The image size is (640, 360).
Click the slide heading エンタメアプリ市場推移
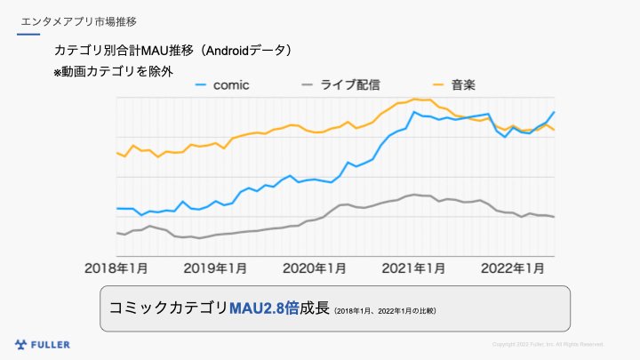coord(78,20)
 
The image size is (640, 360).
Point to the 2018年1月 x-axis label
coord(116,268)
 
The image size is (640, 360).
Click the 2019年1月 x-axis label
coord(216,268)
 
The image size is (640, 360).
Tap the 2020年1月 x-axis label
coord(315,268)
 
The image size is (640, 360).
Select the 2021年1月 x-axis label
coord(414,268)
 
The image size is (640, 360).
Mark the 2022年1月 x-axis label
coord(514,268)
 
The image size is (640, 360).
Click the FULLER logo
coord(43,344)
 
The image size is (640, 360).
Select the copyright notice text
coord(548,344)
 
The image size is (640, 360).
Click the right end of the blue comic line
coord(555,112)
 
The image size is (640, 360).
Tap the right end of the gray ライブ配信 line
coord(555,217)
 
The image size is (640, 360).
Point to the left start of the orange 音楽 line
coord(117,153)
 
